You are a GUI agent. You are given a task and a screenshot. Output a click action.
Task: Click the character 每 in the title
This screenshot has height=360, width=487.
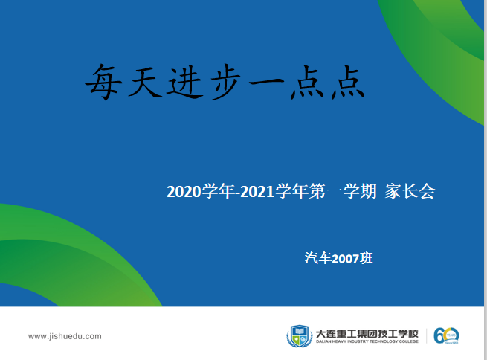pyautogui.click(x=102, y=81)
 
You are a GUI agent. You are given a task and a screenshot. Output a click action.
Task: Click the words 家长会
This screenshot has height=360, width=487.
pyautogui.click(x=410, y=192)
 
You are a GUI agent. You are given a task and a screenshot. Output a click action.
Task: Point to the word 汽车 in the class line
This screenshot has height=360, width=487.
pyautogui.click(x=318, y=258)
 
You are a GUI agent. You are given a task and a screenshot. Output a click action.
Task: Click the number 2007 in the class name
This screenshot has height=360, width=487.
pyautogui.click(x=345, y=258)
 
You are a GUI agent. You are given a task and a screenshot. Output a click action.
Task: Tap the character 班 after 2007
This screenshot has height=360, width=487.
pyautogui.click(x=366, y=258)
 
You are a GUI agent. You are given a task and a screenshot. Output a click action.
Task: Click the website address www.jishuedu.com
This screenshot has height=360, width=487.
pyautogui.click(x=65, y=336)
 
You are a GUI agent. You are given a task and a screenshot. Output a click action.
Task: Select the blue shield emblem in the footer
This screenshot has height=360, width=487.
pyautogui.click(x=299, y=336)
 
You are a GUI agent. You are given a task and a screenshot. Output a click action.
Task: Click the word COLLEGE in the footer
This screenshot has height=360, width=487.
pyautogui.click(x=407, y=343)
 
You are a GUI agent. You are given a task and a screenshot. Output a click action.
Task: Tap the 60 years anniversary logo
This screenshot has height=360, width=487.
pyautogui.click(x=447, y=335)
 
